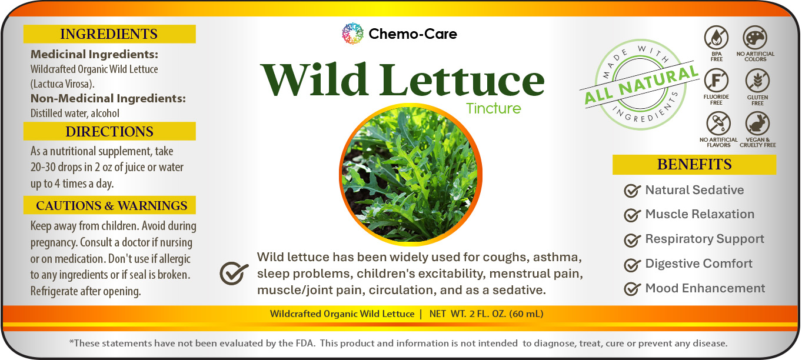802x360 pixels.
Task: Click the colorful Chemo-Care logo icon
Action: [x=352, y=34]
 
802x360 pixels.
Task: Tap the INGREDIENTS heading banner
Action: [x=109, y=34]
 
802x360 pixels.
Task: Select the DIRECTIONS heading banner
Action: [x=109, y=131]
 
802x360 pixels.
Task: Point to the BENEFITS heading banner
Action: [x=694, y=165]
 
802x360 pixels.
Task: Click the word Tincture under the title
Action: [x=493, y=108]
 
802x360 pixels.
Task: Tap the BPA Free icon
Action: [x=716, y=37]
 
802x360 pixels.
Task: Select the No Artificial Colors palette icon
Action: [x=755, y=37]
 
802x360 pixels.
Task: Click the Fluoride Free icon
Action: [x=716, y=81]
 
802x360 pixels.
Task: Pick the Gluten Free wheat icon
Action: [x=757, y=81]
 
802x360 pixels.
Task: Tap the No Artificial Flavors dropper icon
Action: [x=718, y=124]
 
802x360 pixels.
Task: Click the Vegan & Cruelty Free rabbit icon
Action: [x=757, y=124]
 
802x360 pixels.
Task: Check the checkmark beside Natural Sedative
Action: [x=632, y=191]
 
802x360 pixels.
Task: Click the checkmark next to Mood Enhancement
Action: [x=632, y=289]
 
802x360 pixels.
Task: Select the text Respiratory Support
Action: [x=704, y=239]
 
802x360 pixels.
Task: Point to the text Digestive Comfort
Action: [x=698, y=264]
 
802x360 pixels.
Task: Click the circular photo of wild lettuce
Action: [x=411, y=175]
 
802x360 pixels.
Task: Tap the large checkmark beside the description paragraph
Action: [x=234, y=273]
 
